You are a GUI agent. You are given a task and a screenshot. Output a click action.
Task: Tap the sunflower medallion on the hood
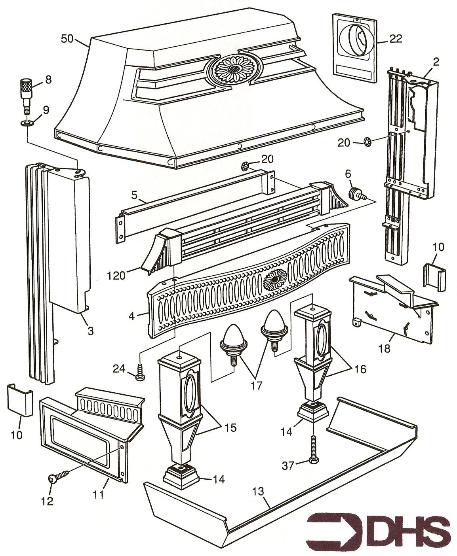[235, 69]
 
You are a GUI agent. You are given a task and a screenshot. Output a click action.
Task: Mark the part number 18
[385, 348]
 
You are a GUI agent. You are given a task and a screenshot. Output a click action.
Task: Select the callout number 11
[99, 494]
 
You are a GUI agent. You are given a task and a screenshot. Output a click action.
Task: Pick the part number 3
[90, 331]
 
